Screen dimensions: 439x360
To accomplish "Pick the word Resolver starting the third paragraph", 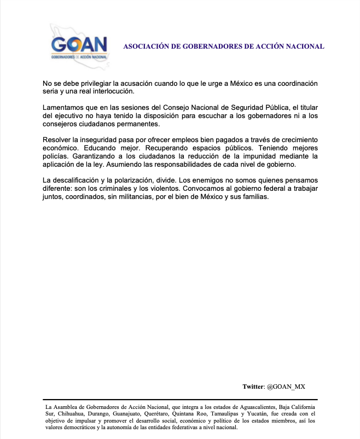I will tap(57, 141).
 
